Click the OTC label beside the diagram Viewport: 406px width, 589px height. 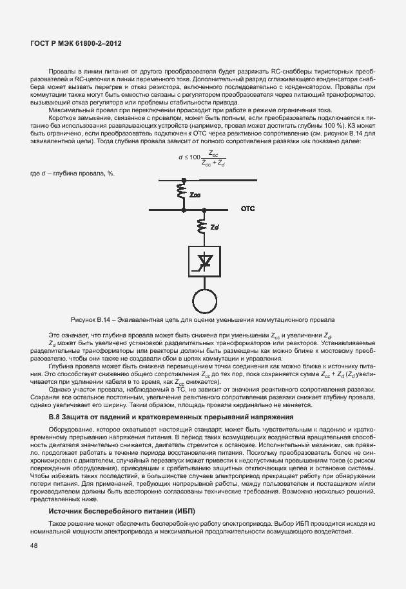tap(249, 209)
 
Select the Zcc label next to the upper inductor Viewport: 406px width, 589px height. tap(195, 193)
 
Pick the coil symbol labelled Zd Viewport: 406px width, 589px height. tap(203, 226)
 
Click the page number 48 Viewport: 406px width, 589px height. tap(34, 546)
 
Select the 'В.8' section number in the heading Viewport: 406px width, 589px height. tap(55, 417)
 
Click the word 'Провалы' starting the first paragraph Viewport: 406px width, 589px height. tap(60, 69)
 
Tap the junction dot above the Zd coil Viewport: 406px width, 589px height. tap(203, 209)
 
